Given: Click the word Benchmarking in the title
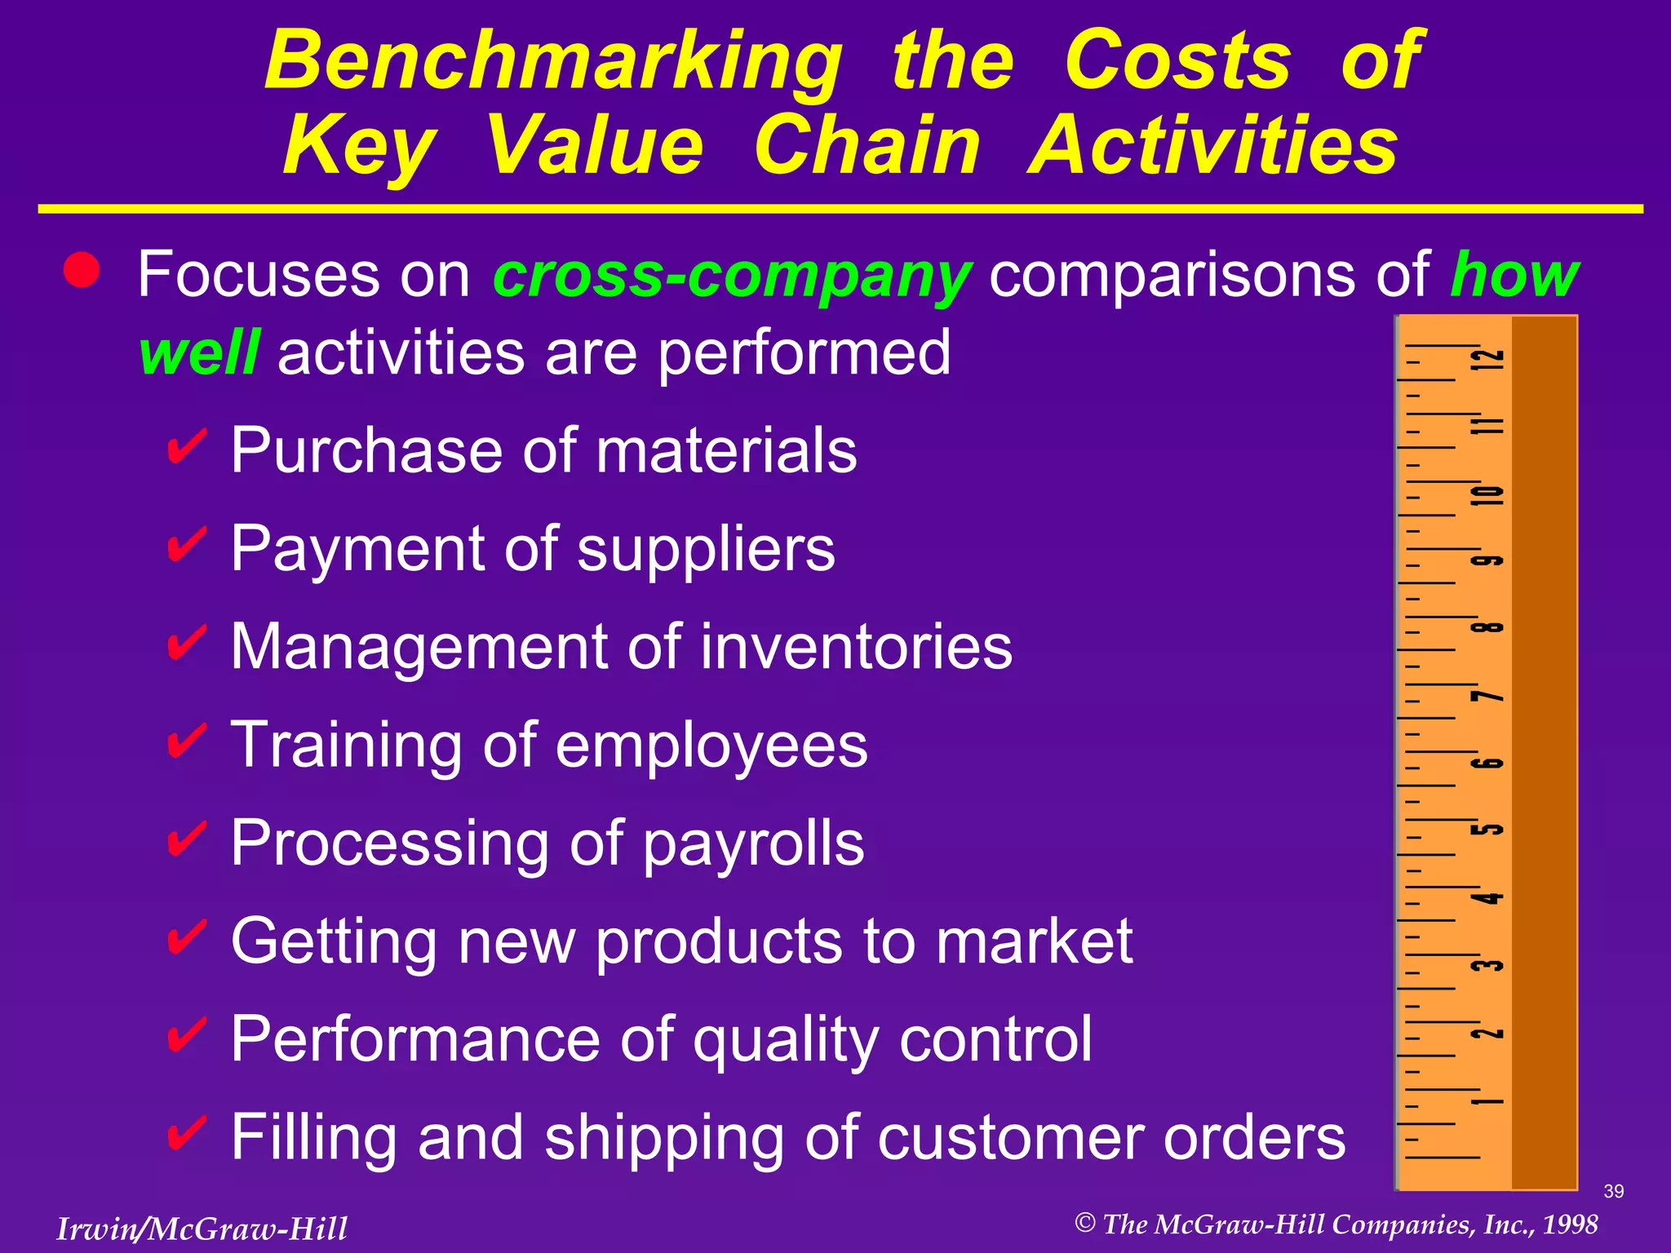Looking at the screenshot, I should pos(553,62).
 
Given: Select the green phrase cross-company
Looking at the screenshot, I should pos(732,276).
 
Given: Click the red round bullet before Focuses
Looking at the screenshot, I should pos(82,270).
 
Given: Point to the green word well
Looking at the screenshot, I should pos(200,352).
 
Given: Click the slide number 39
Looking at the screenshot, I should pos(1613,1191).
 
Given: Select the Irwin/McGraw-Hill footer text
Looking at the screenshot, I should pos(202,1229).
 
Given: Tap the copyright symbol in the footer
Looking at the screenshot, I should pos(1084,1223).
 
